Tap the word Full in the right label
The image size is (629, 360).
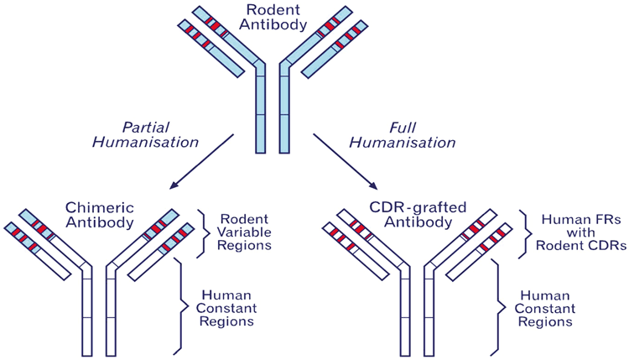403,127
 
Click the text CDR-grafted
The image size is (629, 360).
410,207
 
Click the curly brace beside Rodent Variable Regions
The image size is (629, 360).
203,232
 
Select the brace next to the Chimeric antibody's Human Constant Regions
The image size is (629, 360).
179,305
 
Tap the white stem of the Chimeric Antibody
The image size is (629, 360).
97,319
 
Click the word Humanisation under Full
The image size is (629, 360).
403,143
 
